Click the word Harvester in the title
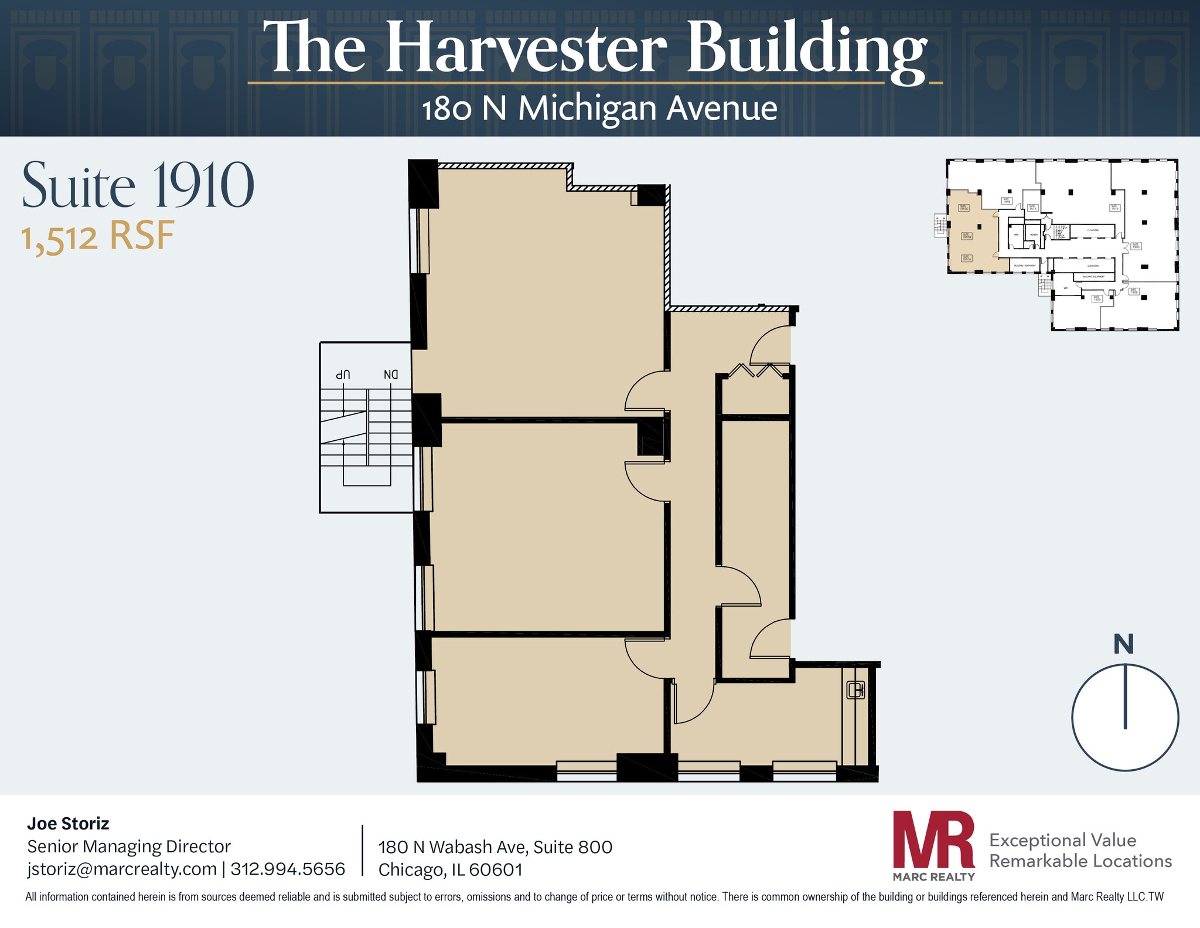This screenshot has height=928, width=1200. point(526,48)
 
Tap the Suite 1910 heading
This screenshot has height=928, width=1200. point(138,186)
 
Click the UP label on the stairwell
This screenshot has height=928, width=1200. point(343,374)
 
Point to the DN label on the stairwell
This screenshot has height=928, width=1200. point(391,374)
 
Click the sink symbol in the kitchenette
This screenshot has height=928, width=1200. point(855,690)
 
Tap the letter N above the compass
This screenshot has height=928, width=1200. point(1123,644)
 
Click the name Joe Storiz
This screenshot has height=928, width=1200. point(68,824)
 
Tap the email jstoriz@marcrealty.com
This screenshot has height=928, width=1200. point(122,869)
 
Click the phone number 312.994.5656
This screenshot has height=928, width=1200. point(288,869)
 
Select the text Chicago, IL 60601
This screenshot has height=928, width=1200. point(450,870)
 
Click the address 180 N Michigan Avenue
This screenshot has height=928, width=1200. point(599,109)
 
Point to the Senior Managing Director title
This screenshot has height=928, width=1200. point(129,847)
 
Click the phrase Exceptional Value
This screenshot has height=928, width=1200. point(1062,840)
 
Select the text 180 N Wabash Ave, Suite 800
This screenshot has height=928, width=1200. point(495,847)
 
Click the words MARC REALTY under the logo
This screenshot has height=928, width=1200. point(933,877)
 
